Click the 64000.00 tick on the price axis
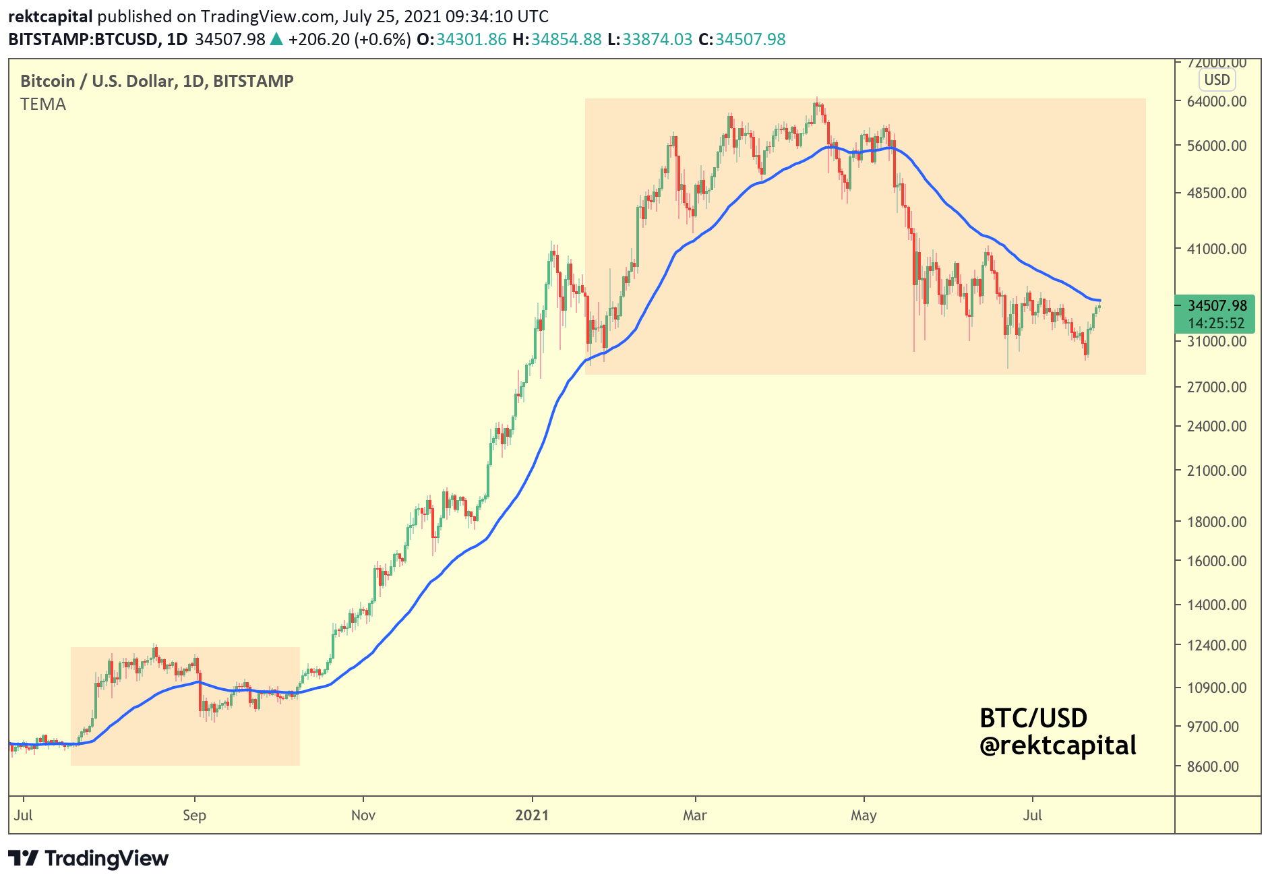[1216, 101]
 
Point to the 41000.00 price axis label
[1216, 249]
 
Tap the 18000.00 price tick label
[1216, 522]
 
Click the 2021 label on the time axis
[532, 815]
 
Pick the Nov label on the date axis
[363, 815]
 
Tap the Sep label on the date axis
[194, 815]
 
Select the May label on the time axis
[864, 815]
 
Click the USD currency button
[1217, 80]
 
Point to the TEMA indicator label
[43, 104]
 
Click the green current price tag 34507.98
[1217, 305]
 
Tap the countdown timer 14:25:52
[1216, 323]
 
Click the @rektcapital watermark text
[1058, 745]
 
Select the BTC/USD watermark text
[1033, 718]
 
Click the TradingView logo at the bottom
[88, 858]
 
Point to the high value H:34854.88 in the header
[557, 39]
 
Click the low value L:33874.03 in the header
[650, 39]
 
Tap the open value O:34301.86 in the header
[462, 39]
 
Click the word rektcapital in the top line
[51, 16]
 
